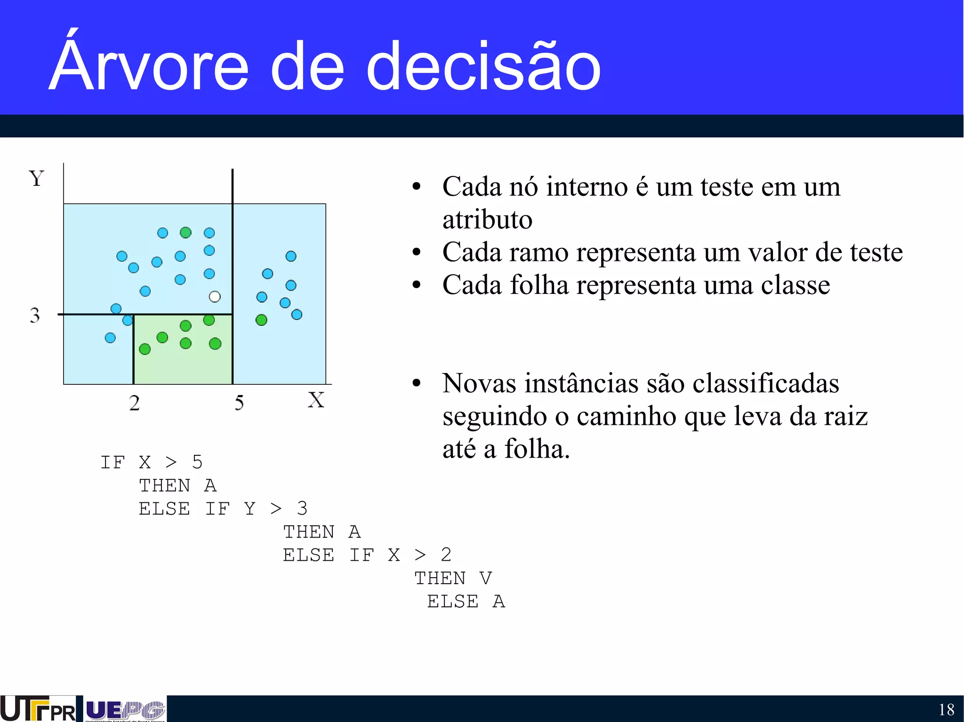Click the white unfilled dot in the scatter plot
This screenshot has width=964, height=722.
(x=215, y=296)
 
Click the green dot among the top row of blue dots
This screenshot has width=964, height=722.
(x=185, y=232)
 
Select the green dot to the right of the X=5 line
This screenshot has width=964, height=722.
(x=261, y=320)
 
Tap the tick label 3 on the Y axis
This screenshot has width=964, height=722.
(x=35, y=315)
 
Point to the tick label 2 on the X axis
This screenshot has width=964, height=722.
(x=135, y=403)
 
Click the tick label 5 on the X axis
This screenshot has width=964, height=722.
(x=239, y=403)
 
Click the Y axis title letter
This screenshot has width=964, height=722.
(x=36, y=179)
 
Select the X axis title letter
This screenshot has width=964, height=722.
(x=316, y=400)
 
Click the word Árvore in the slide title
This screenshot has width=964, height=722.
(x=149, y=66)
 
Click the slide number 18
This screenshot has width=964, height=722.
(x=946, y=709)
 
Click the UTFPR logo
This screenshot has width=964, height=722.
(x=38, y=709)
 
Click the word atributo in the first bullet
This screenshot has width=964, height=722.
(x=487, y=220)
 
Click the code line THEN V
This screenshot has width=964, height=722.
(x=453, y=579)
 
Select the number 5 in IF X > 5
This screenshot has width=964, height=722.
(x=197, y=462)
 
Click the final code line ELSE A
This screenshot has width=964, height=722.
(x=466, y=602)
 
